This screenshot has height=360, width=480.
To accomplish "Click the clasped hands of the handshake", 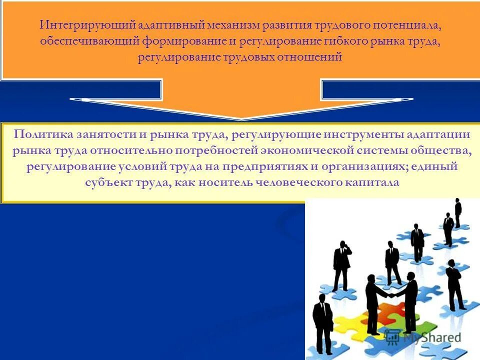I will pos(392,295).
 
